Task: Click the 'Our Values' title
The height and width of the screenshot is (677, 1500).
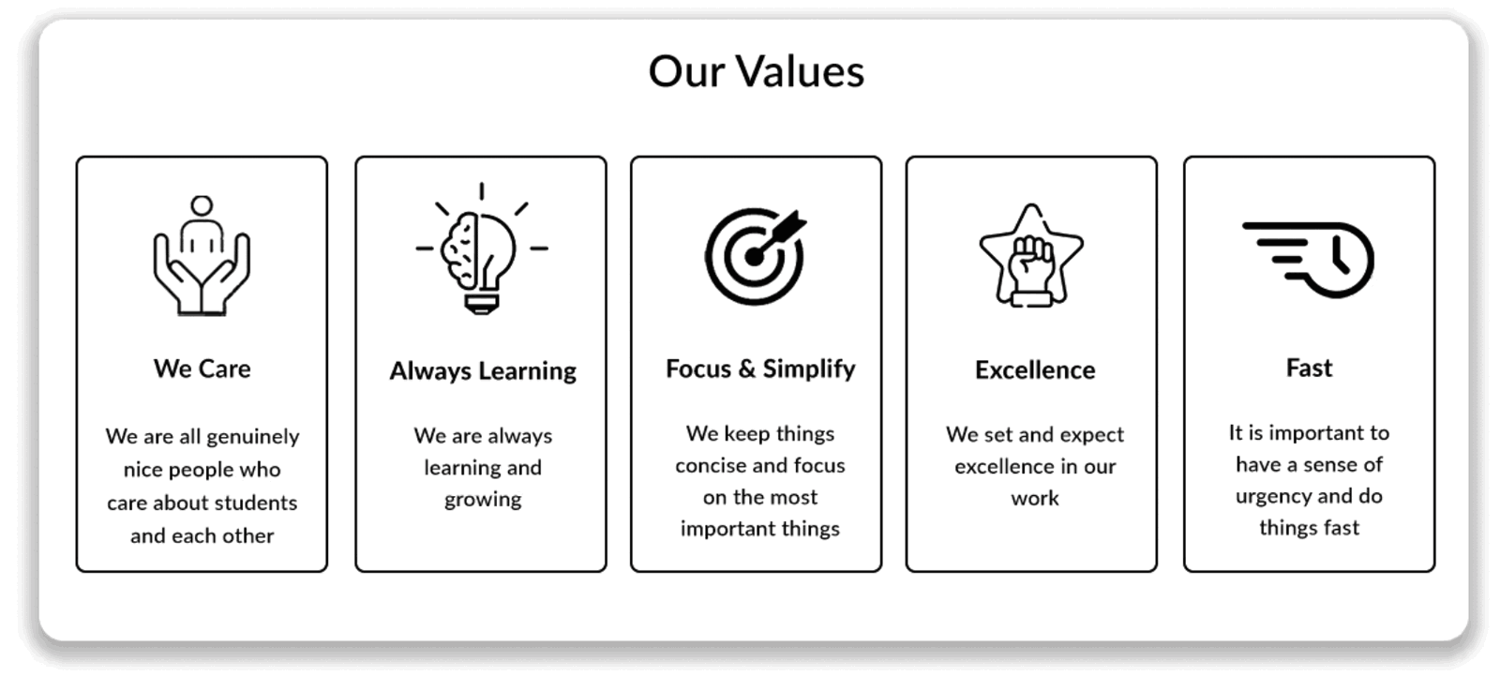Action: [x=756, y=71]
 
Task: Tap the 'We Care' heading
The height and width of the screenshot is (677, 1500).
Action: [x=202, y=369]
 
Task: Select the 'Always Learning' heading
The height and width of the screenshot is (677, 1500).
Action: [x=483, y=371]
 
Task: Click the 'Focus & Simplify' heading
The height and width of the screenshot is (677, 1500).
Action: [x=760, y=369]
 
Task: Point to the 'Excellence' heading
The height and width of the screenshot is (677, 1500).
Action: [x=1035, y=369]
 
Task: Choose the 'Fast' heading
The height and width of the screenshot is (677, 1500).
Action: [x=1309, y=368]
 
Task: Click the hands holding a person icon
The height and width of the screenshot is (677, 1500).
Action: [x=202, y=255]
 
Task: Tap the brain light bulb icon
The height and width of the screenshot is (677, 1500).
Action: [x=482, y=248]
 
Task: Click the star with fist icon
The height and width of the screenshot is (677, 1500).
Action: [x=1031, y=256]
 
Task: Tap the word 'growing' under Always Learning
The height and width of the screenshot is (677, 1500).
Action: [x=483, y=500]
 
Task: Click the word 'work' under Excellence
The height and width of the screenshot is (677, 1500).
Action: [x=1035, y=498]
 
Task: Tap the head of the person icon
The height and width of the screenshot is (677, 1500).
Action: [x=202, y=205]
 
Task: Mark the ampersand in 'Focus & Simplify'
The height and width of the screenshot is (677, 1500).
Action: [x=746, y=369]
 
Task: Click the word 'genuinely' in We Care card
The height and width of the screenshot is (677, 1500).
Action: [x=253, y=437]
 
